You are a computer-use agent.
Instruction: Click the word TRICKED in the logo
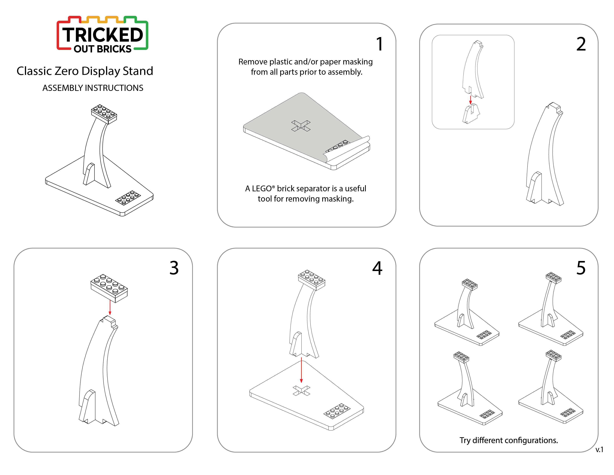click(x=103, y=35)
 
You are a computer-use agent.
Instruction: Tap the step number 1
click(x=380, y=44)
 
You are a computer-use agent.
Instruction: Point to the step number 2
click(x=581, y=44)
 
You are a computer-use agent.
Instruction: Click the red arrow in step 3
click(x=110, y=307)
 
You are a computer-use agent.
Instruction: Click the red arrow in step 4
click(x=301, y=370)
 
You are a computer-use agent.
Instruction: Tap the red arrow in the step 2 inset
click(x=470, y=100)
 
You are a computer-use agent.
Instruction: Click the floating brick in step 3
click(x=109, y=288)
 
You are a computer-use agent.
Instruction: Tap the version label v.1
click(x=599, y=450)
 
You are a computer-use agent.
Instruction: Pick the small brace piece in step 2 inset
click(x=471, y=114)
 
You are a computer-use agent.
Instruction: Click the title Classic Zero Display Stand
click(x=85, y=71)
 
